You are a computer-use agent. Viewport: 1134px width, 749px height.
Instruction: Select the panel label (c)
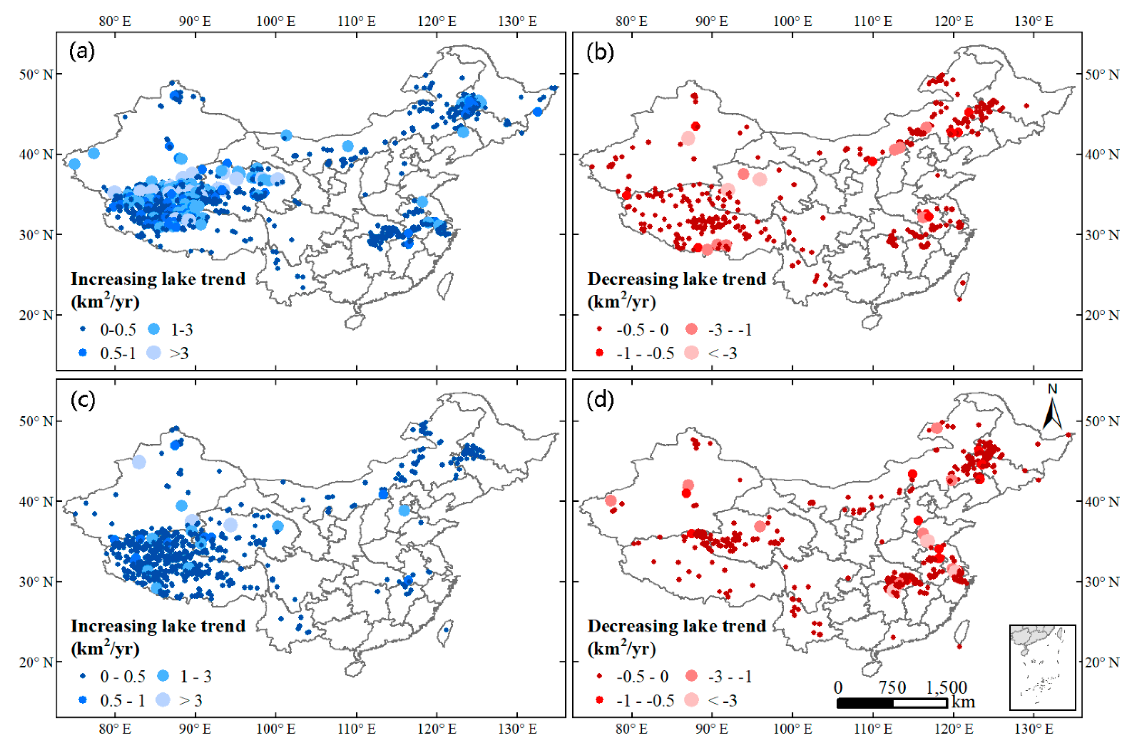coord(82,399)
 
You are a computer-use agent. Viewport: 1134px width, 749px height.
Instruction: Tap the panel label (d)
coord(600,399)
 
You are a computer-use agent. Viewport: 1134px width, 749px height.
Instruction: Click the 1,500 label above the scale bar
coord(946,688)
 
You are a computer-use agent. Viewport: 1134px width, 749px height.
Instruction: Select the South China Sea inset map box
coord(1042,667)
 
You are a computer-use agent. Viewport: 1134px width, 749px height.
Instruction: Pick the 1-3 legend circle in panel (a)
coord(154,329)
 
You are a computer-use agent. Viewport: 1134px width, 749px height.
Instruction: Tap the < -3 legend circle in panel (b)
coord(691,353)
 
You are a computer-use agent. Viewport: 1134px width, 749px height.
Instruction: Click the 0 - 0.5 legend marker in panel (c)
coord(83,676)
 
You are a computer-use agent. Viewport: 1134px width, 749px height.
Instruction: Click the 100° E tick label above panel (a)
coord(276,22)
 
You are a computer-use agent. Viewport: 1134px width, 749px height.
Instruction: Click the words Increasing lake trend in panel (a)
coord(158,279)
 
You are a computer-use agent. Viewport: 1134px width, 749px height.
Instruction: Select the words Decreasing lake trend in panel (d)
coord(676,626)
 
